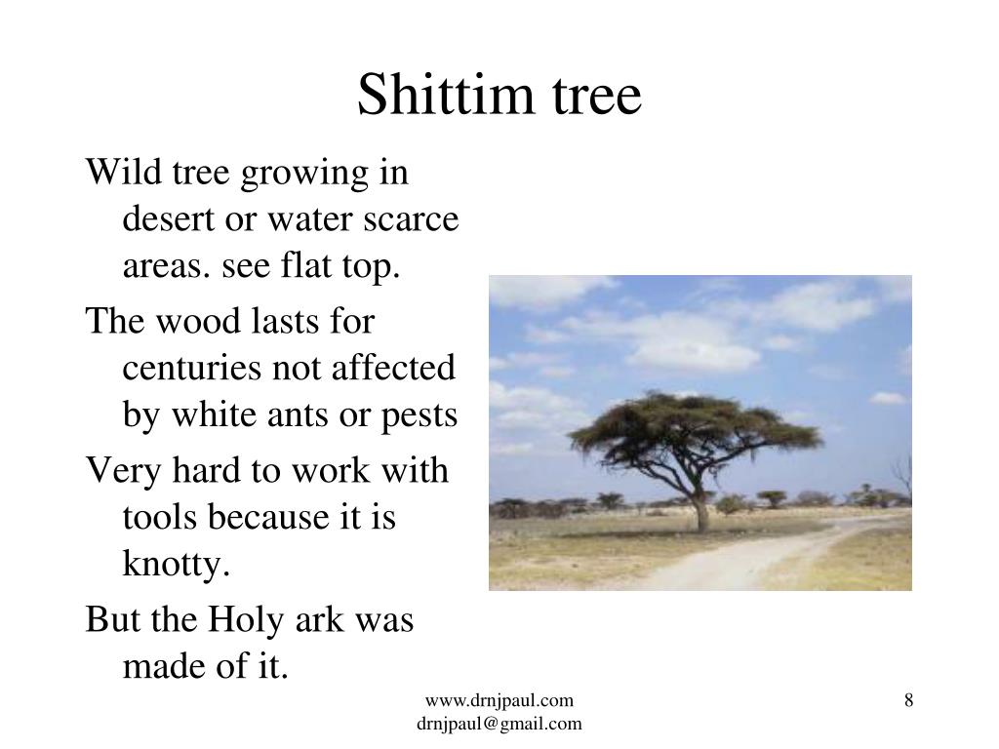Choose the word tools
(x=160, y=518)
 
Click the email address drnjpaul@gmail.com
(x=499, y=723)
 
